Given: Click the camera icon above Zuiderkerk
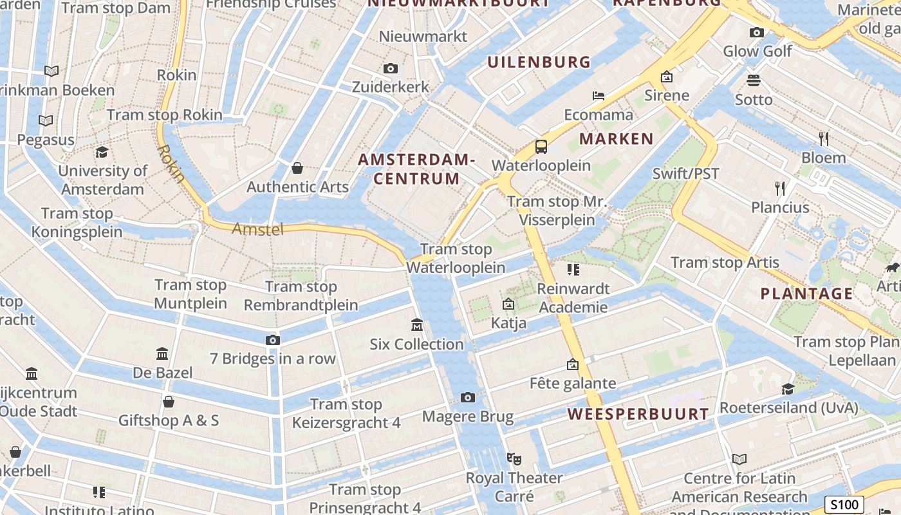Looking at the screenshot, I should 390,68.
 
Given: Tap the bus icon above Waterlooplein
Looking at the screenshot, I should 541,147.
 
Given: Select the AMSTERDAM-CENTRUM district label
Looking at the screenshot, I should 416,169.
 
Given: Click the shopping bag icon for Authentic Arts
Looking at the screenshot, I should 297,169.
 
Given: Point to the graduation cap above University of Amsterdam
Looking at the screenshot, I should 102,153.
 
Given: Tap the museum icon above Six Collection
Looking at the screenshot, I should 416,325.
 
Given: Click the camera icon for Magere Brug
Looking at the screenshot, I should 468,398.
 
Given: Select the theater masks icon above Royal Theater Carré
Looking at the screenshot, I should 514,459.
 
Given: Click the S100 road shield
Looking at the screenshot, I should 844,504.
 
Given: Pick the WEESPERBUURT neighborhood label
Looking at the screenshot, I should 638,414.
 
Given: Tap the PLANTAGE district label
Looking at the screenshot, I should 806,294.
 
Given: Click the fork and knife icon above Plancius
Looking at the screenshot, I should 780,188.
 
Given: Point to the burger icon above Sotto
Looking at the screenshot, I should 754,80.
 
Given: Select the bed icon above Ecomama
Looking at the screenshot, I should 599,96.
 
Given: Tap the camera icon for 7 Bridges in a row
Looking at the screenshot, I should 273,340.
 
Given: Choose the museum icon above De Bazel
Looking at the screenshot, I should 162,354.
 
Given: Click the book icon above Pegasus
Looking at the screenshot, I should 46,120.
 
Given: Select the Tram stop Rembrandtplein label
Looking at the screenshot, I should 301,295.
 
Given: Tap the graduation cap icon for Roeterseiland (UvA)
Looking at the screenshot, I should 788,389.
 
